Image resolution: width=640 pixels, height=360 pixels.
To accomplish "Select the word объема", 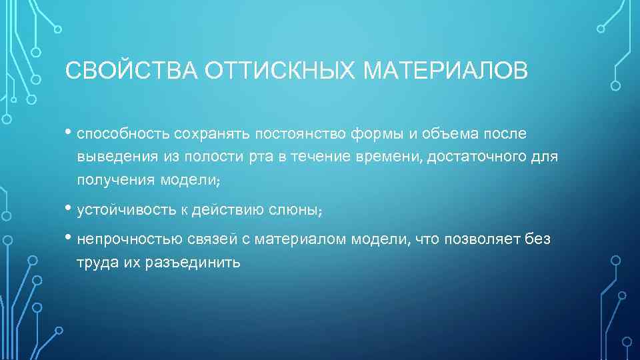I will [x=453, y=135].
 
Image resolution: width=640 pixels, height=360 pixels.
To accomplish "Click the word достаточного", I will [x=475, y=157].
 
